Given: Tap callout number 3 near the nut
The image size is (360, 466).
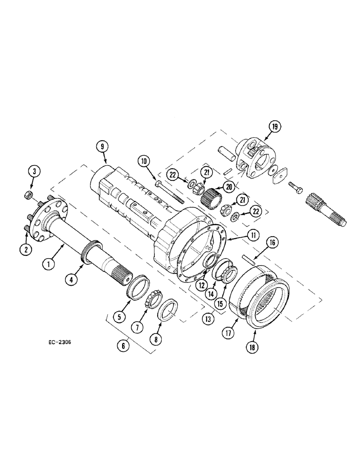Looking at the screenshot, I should pos(34,171).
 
